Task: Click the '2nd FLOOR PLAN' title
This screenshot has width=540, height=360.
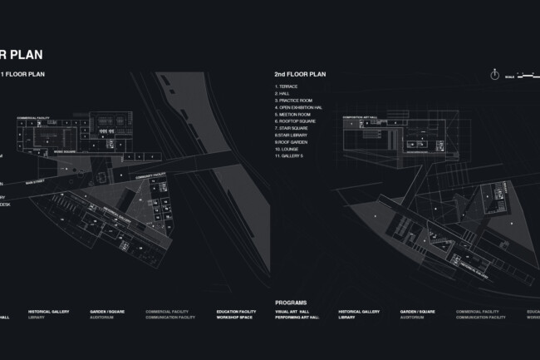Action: point(300,74)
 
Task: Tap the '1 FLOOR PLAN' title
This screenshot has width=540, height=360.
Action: point(26,74)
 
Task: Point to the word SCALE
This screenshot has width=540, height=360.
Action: point(508,76)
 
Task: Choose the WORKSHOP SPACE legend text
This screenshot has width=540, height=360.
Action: point(234,318)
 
